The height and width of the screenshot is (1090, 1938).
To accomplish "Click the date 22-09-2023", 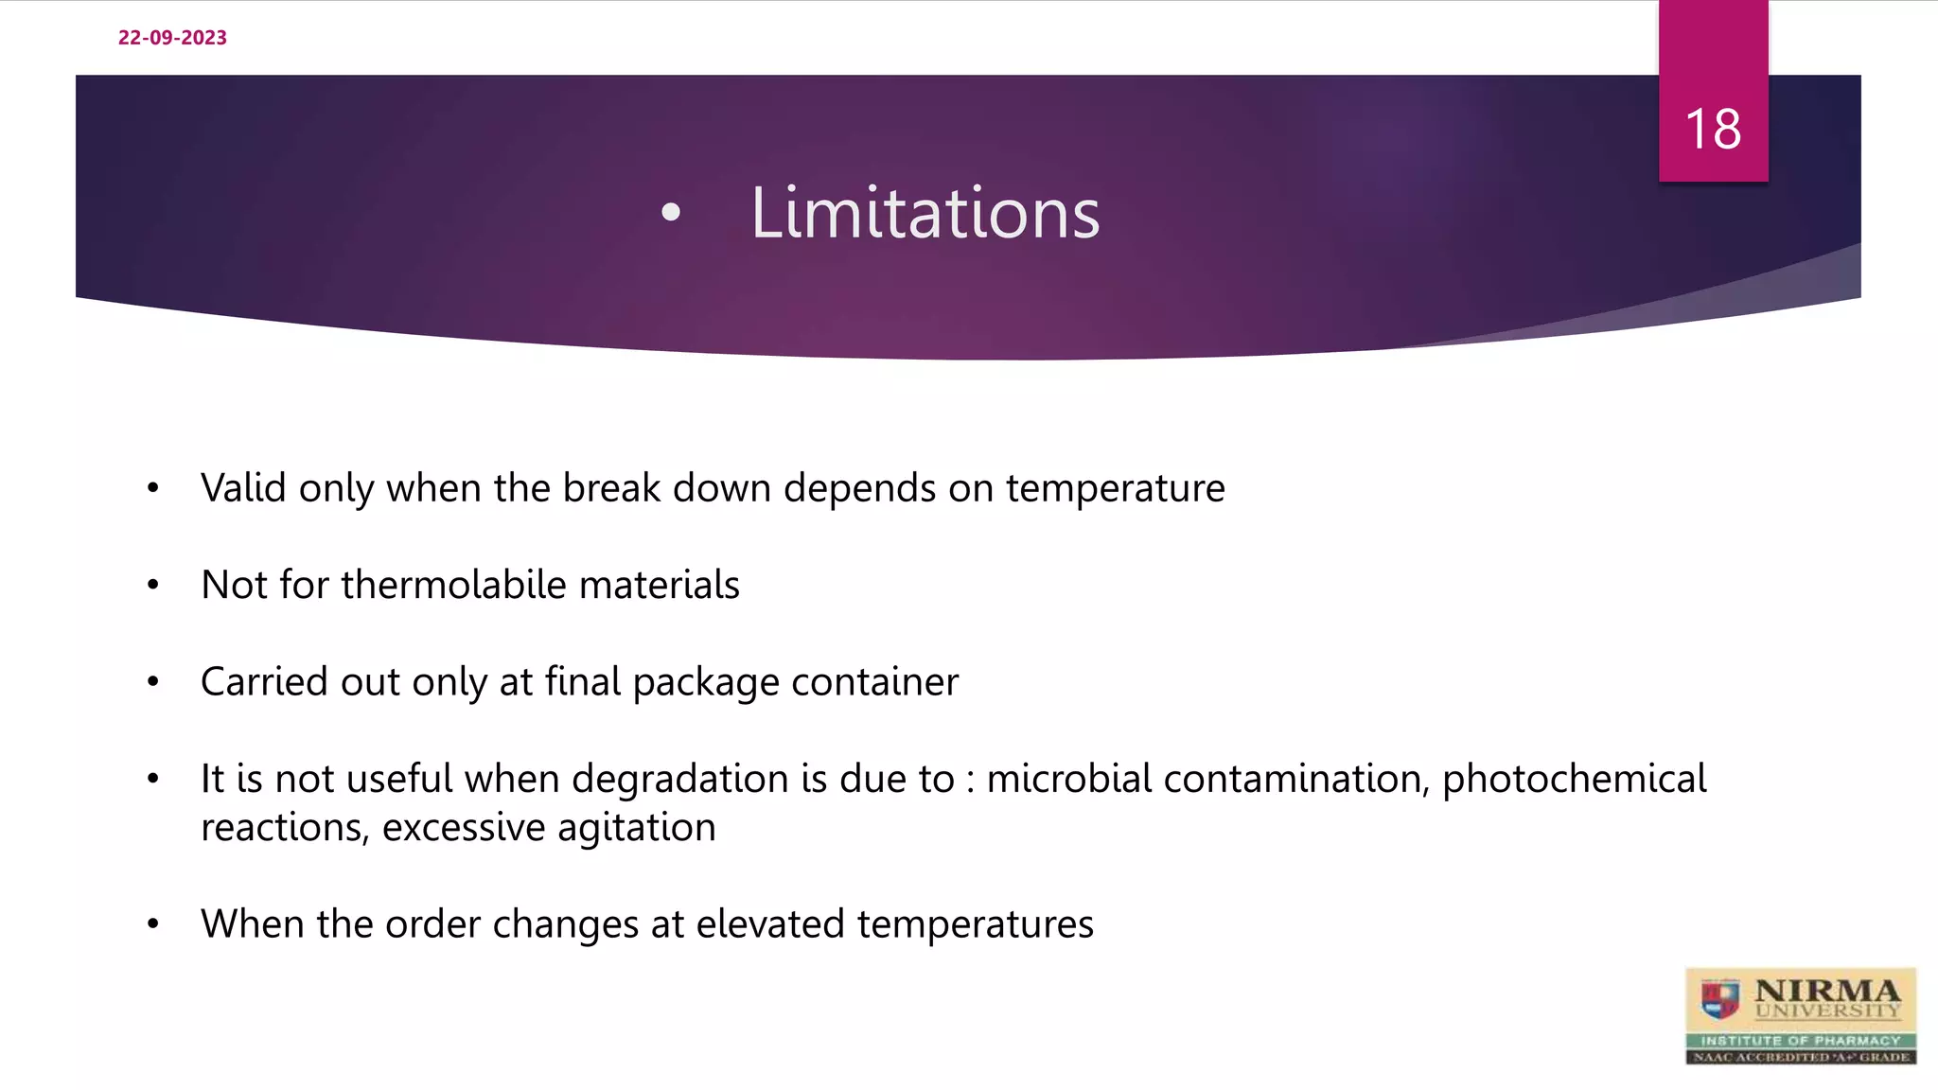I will click(172, 38).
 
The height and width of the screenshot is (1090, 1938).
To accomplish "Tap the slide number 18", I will click(1713, 129).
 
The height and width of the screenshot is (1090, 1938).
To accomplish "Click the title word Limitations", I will click(925, 213).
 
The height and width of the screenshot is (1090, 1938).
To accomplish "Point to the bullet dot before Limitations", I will click(671, 213).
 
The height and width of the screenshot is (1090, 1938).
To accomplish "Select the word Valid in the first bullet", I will click(243, 488).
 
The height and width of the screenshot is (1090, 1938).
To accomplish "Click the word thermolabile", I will click(453, 585).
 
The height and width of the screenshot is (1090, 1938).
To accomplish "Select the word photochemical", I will click(1574, 779).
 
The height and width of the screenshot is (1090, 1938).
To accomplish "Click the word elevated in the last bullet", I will click(769, 924).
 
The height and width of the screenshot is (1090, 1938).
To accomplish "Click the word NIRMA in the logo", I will click(1826, 991).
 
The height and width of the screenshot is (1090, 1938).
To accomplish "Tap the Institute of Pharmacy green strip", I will click(1800, 1040).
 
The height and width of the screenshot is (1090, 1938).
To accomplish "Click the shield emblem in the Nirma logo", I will click(1720, 998).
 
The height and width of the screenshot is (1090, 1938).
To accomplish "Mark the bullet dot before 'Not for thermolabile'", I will click(153, 586).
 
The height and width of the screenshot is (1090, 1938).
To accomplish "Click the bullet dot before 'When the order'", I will click(153, 924).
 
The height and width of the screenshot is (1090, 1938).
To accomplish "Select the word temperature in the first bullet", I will click(1115, 488).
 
